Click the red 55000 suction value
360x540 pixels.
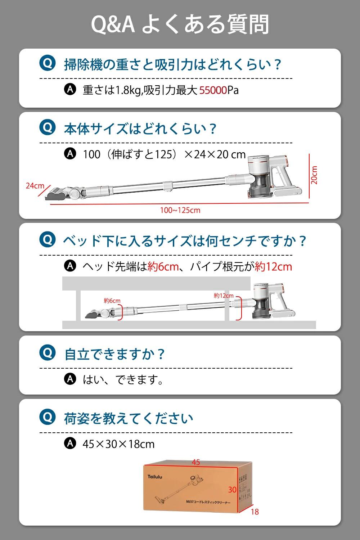click(213, 90)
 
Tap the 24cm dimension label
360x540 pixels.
click(35, 186)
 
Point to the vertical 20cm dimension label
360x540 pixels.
click(314, 175)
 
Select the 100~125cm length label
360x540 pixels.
click(180, 210)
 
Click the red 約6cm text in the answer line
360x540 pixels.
click(163, 267)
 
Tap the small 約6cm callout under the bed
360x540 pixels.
click(112, 301)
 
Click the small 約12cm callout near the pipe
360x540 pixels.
click(224, 296)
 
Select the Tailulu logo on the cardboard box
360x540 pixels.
click(155, 477)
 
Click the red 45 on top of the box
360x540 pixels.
click(196, 462)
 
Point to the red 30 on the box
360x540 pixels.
click(232, 490)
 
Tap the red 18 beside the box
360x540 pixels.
click(255, 512)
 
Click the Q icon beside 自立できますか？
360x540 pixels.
click(48, 352)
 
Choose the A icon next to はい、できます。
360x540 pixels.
click(70, 379)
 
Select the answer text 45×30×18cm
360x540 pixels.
click(118, 444)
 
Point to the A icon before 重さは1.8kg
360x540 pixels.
click(70, 89)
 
